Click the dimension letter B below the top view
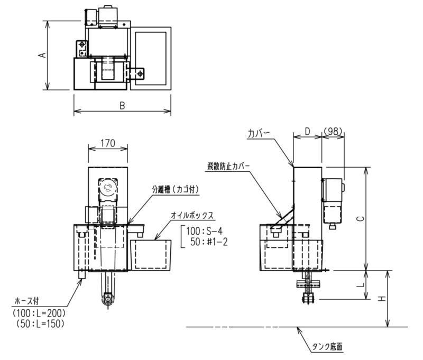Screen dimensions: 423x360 tap(122, 105)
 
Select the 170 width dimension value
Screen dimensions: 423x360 tap(108, 143)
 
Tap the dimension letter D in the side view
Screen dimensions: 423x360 tap(308, 131)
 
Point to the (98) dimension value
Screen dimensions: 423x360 tap(334, 131)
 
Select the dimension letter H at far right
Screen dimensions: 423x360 tap(381, 299)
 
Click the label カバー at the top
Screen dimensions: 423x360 tap(259, 134)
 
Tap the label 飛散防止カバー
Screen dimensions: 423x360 tap(228, 166)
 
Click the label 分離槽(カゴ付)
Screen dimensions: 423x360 tap(176, 189)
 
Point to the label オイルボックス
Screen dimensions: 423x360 tap(192, 216)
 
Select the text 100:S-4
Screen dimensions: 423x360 tap(204, 231)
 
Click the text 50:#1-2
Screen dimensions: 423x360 tap(209, 242)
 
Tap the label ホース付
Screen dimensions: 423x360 tap(26, 301)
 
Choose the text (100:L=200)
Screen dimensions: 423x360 tap(39, 313)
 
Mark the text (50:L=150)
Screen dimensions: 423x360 tap(40, 324)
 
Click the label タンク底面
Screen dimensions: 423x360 tap(327, 346)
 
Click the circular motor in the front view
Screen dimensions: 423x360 tap(108, 188)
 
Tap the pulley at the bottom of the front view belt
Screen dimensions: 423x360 tap(108, 299)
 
